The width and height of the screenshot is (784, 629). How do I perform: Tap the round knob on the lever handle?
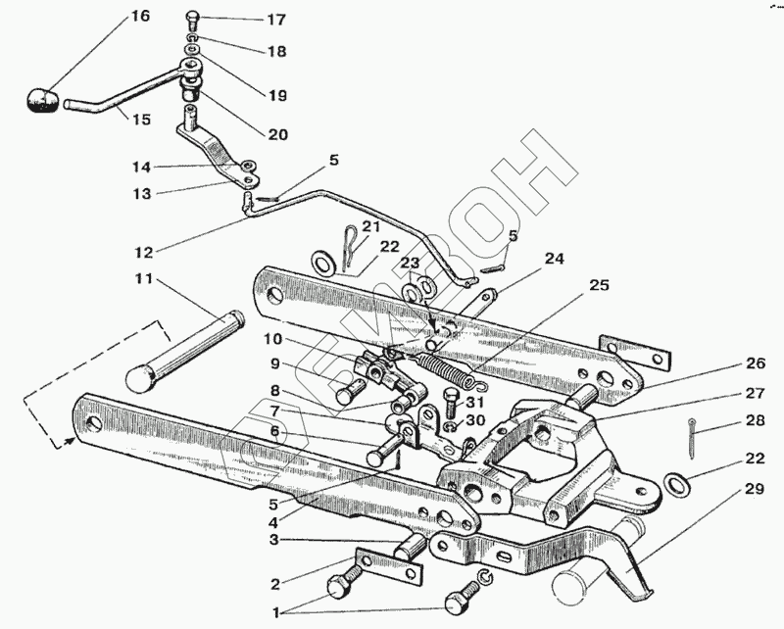point(42,100)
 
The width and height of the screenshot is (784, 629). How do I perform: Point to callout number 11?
point(143,280)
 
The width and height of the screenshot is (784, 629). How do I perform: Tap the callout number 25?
point(598,285)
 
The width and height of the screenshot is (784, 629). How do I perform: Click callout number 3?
point(276,540)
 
